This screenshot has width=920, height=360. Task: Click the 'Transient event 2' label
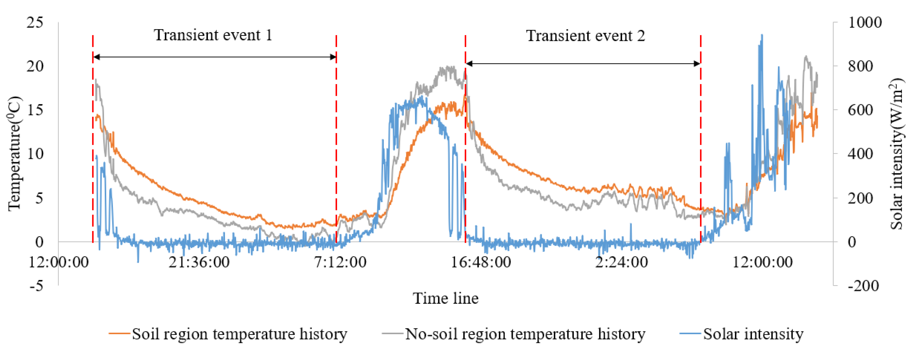(x=585, y=36)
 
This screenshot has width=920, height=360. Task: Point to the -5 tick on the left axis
(x=36, y=286)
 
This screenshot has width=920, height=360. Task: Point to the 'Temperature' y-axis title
(x=14, y=154)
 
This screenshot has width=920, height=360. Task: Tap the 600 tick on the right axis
(x=860, y=110)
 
